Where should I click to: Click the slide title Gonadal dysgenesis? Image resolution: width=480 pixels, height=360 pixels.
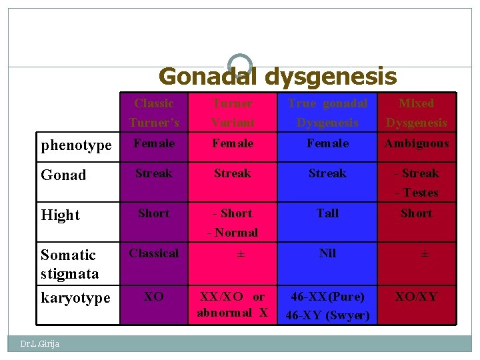coord(277,77)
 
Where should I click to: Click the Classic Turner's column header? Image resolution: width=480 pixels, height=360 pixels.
coord(154,113)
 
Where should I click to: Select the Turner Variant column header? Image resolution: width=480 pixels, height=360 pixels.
coord(233,113)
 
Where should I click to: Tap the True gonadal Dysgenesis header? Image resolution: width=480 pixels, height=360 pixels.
coord(327,113)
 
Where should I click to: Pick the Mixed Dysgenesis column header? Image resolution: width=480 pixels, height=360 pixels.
coord(416,113)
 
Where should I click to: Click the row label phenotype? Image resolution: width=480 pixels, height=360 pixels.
coord(76,145)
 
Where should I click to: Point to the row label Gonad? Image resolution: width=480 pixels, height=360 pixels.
coord(63,175)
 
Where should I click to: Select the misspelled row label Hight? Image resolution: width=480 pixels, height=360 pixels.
coord(60,215)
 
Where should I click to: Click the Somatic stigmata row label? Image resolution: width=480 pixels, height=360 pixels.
coord(69,264)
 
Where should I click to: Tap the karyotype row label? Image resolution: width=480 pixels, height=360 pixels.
coord(75,297)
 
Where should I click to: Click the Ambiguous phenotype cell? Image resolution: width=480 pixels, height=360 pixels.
coord(416,143)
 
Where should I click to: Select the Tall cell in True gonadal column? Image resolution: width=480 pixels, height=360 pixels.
coord(327,213)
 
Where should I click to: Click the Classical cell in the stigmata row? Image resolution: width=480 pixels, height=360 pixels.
coord(154,253)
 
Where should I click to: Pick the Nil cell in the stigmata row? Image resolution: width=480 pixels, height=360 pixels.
coord(327,253)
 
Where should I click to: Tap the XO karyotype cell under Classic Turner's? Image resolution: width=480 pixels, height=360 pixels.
coord(154,297)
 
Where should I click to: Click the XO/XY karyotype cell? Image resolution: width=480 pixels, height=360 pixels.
coord(416,297)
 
